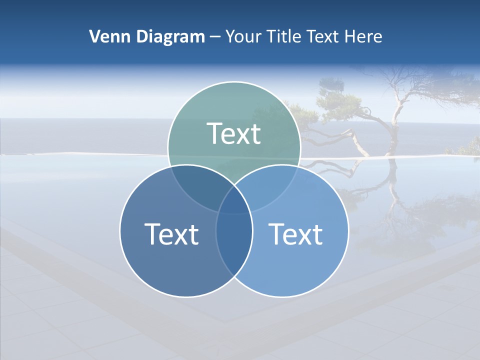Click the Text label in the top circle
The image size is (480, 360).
234,133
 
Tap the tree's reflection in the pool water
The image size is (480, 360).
395,200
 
